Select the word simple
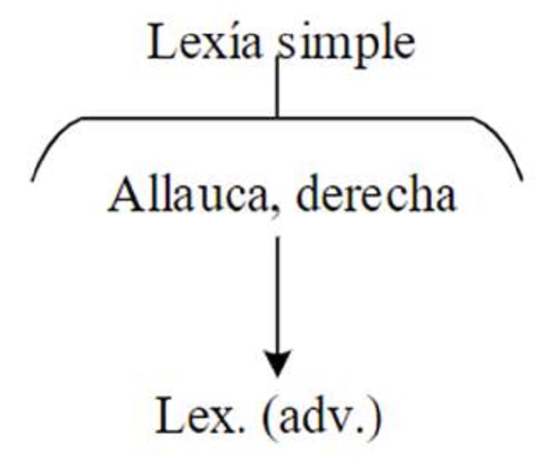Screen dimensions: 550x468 [346, 44]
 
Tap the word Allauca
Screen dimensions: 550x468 [172, 195]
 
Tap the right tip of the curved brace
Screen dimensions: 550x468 [520, 177]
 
